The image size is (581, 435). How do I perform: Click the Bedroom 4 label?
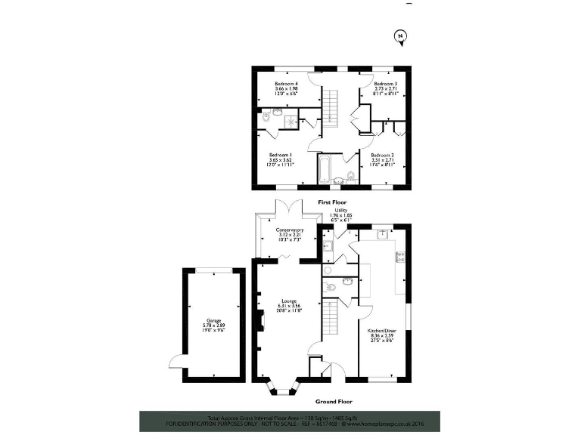click(287, 83)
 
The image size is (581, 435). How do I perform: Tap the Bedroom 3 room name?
click(385, 83)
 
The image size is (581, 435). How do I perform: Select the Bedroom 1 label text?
click(280, 155)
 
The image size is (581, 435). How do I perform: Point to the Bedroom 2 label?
click(382, 155)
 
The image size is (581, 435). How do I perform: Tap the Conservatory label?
click(290, 230)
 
